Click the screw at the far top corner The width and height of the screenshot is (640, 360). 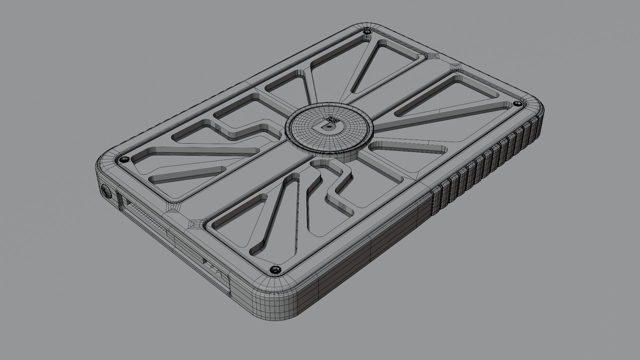tap(367, 32)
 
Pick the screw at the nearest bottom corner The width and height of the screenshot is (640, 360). tap(275, 269)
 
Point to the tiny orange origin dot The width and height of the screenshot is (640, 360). tap(329, 160)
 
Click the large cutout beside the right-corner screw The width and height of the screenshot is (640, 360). tap(450, 97)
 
